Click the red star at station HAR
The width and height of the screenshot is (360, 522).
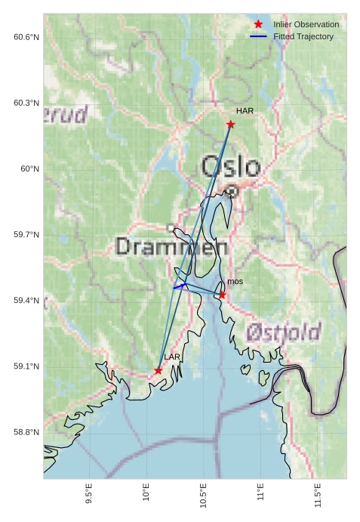click(x=230, y=124)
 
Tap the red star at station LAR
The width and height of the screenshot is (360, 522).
click(x=158, y=370)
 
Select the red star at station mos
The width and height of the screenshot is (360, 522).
click(x=222, y=295)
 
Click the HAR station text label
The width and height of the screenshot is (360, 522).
click(x=245, y=111)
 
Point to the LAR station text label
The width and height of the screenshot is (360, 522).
click(x=172, y=357)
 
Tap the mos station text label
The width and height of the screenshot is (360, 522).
click(x=235, y=282)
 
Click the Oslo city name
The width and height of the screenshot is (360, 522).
click(x=230, y=167)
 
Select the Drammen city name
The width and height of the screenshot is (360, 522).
click(x=172, y=246)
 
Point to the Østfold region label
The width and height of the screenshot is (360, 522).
click(x=283, y=331)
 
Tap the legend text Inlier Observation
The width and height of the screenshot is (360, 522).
click(x=306, y=24)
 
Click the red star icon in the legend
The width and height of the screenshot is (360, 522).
click(x=258, y=24)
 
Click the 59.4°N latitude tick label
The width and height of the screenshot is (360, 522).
click(x=26, y=301)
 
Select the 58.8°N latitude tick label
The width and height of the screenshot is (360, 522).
click(x=26, y=432)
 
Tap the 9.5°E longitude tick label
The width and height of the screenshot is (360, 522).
click(x=89, y=495)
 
